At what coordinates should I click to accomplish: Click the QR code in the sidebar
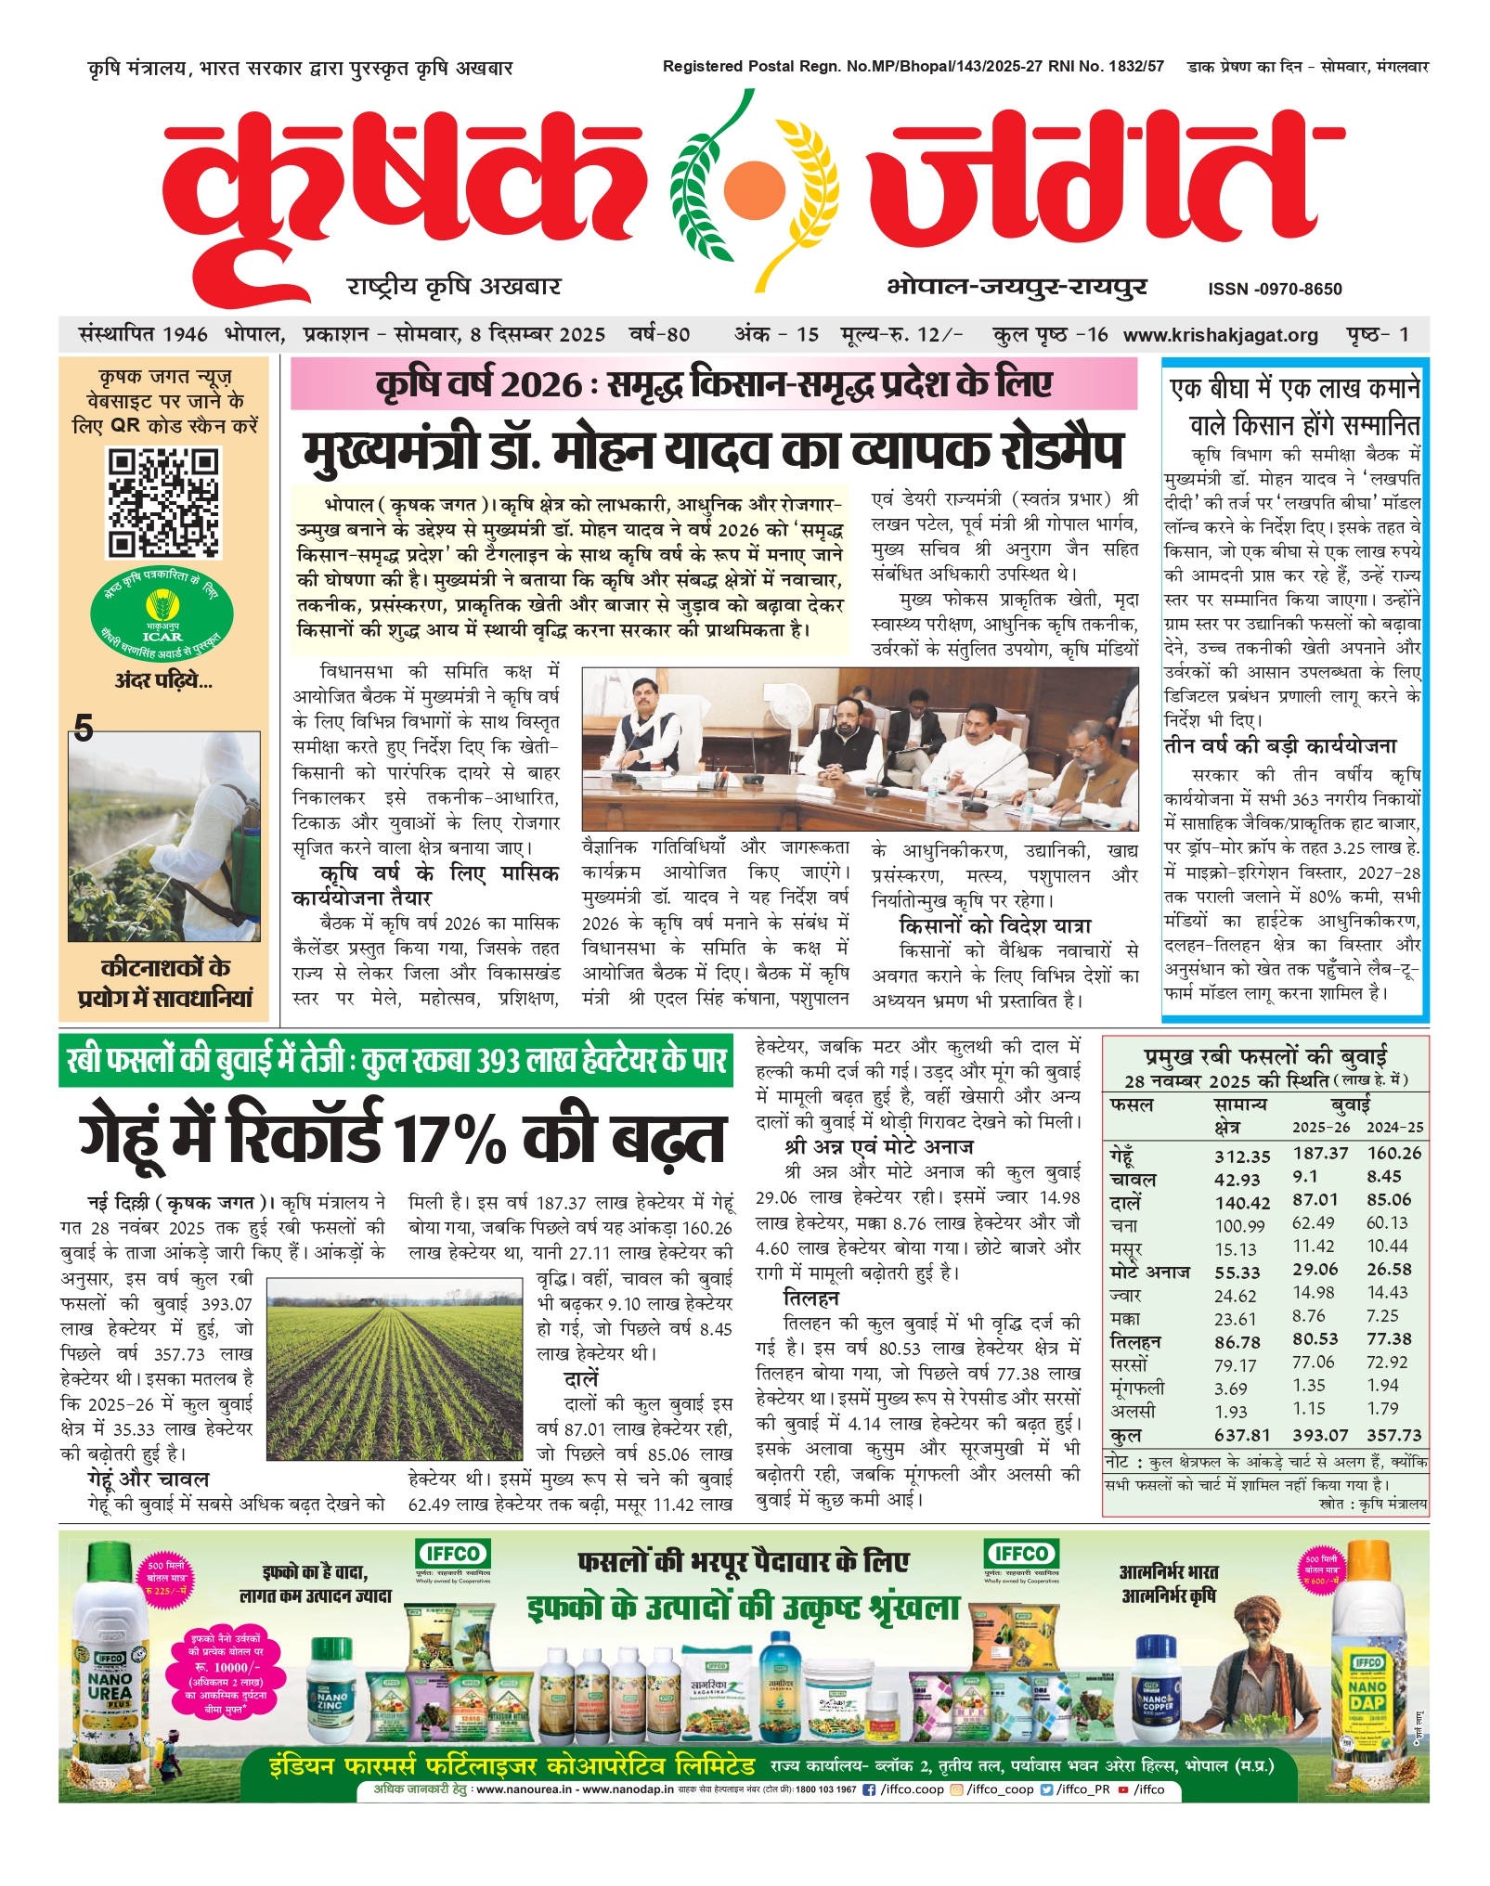[163, 502]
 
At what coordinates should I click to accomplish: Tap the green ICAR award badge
[162, 614]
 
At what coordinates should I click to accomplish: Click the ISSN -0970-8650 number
[1275, 289]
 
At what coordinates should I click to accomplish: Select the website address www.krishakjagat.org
[1220, 335]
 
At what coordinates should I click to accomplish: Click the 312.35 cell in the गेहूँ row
[1242, 1156]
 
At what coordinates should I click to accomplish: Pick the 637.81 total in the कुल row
[1242, 1435]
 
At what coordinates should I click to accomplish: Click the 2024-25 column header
[1394, 1128]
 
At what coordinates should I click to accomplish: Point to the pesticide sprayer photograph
[164, 836]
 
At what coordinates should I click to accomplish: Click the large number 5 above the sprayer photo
[84, 728]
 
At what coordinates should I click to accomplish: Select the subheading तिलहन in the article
[810, 1298]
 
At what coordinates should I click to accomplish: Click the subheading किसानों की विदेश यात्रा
[994, 925]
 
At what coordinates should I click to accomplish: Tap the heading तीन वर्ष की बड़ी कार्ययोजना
[1280, 746]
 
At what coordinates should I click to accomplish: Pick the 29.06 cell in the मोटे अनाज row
[1315, 1270]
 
